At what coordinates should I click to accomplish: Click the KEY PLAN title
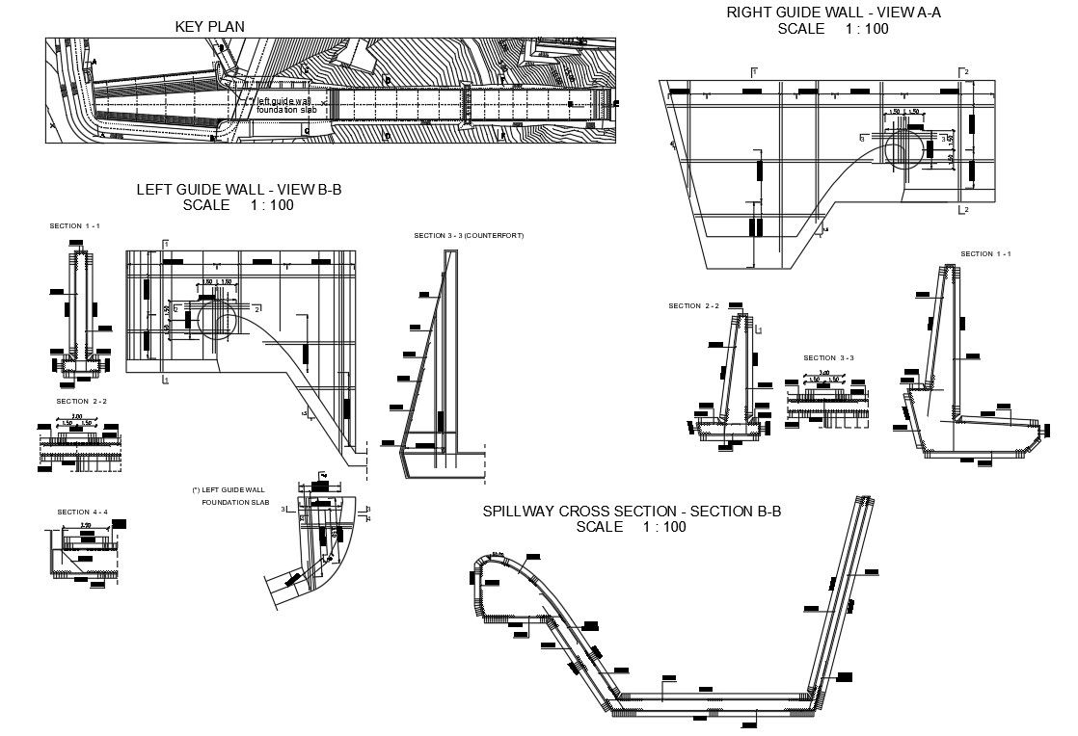[x=209, y=26]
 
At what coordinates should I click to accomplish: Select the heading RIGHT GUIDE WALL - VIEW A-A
[x=832, y=13]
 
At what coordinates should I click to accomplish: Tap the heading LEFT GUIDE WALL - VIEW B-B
[x=238, y=190]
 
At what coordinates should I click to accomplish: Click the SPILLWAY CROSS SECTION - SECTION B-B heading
[x=632, y=512]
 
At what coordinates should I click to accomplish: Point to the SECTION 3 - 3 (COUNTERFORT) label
[x=469, y=235]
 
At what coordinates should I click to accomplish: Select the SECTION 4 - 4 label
[x=82, y=512]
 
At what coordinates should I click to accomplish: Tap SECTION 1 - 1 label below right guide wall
[x=984, y=253]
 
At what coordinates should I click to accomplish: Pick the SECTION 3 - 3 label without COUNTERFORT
[x=828, y=357]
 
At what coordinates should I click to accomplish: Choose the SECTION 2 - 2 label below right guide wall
[x=693, y=305]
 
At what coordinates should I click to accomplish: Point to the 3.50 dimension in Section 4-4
[x=85, y=526]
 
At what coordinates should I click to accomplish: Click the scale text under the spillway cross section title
[x=632, y=527]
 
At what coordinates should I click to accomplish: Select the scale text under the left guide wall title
[x=238, y=205]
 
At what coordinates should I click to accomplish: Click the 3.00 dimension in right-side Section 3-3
[x=824, y=373]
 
